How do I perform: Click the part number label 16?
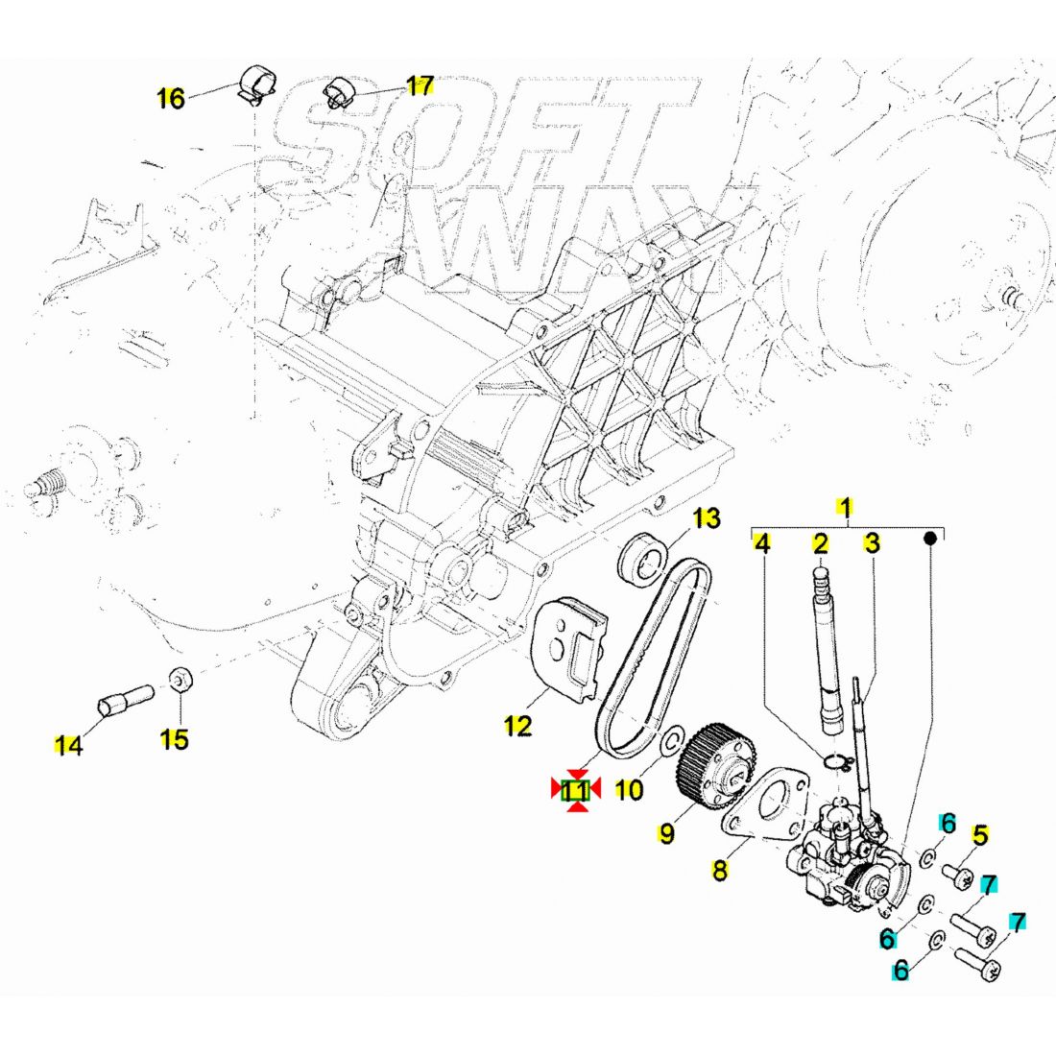[170, 98]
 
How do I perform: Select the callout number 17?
[420, 86]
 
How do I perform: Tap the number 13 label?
[706, 519]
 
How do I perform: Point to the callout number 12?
[517, 726]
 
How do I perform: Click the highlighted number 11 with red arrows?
[575, 790]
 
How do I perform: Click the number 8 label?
[720, 870]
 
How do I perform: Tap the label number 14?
[67, 744]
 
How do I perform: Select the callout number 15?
[174, 739]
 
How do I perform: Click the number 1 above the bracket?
[845, 506]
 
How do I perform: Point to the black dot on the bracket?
[929, 539]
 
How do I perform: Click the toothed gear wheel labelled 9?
[708, 760]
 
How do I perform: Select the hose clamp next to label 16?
[255, 84]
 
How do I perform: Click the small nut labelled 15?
[180, 680]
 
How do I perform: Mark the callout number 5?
[979, 834]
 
